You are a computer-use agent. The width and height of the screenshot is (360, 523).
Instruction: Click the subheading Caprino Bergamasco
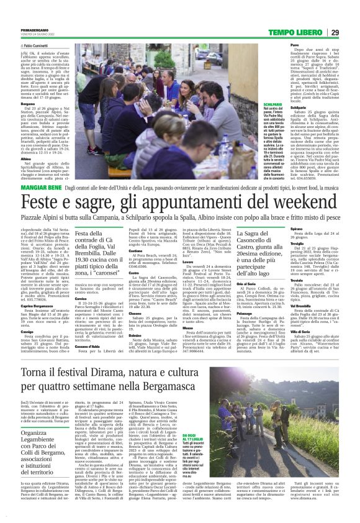(38, 306)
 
